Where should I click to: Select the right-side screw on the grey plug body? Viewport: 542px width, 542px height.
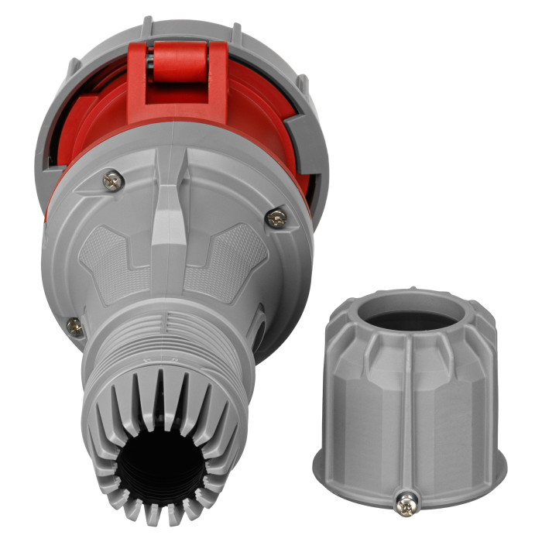[276, 218]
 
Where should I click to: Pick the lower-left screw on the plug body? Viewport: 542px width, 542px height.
[74, 326]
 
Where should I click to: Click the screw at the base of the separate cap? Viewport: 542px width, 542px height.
[406, 504]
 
